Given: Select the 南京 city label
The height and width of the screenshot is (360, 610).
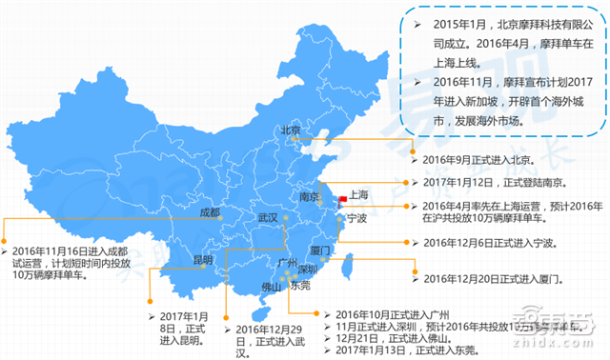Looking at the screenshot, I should click(x=310, y=198).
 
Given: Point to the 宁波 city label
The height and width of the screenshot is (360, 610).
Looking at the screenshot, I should click(x=356, y=218).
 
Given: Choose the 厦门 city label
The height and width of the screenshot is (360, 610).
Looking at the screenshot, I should click(x=320, y=250).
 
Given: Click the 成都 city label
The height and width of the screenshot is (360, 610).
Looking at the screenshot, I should click(x=211, y=211).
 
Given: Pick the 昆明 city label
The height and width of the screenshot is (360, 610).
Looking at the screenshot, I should click(x=204, y=260).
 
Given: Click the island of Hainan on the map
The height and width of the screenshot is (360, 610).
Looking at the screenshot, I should click(x=255, y=313).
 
